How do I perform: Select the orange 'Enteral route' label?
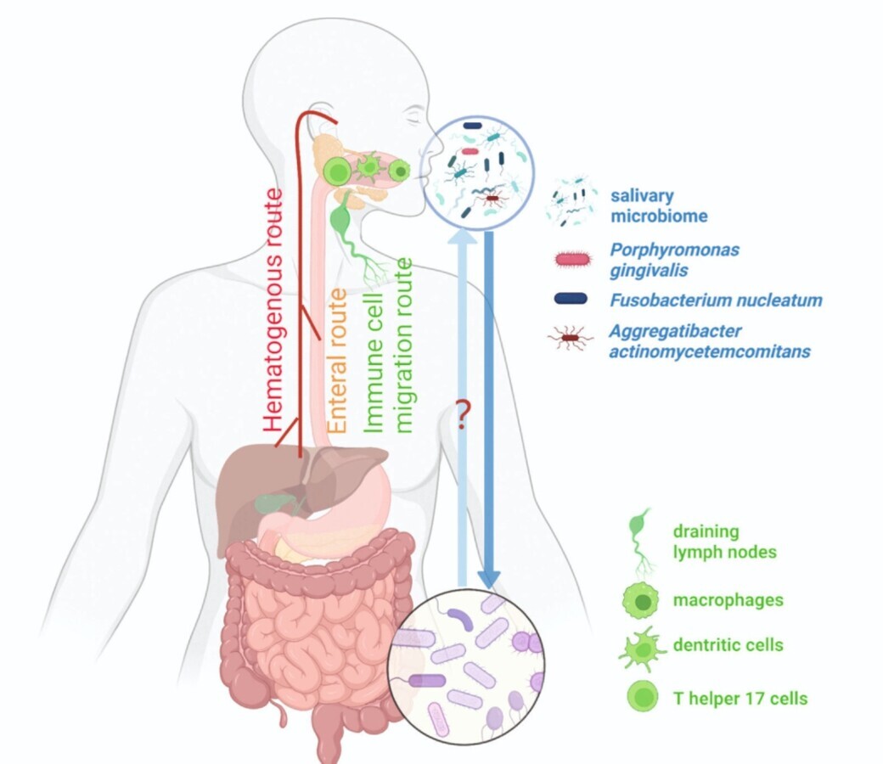[x=338, y=362]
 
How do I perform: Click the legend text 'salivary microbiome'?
[x=659, y=206]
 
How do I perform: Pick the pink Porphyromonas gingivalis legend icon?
[x=574, y=259]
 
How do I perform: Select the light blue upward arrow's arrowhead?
[x=462, y=239]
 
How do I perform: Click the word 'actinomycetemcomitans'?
[x=710, y=351]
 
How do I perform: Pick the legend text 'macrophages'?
[x=728, y=601]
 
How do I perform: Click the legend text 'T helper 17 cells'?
[x=740, y=699]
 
